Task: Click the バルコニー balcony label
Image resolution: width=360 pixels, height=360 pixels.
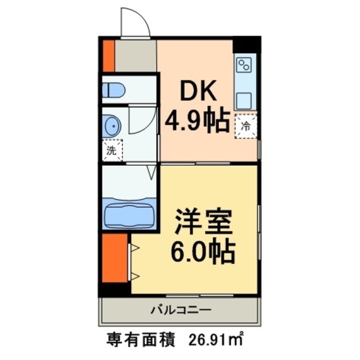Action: coord(180,309)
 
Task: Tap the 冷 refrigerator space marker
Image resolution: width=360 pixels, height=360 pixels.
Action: coord(246,127)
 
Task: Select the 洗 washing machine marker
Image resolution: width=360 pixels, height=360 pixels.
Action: coord(111,150)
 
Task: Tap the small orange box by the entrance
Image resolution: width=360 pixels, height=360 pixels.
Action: coord(109,56)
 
